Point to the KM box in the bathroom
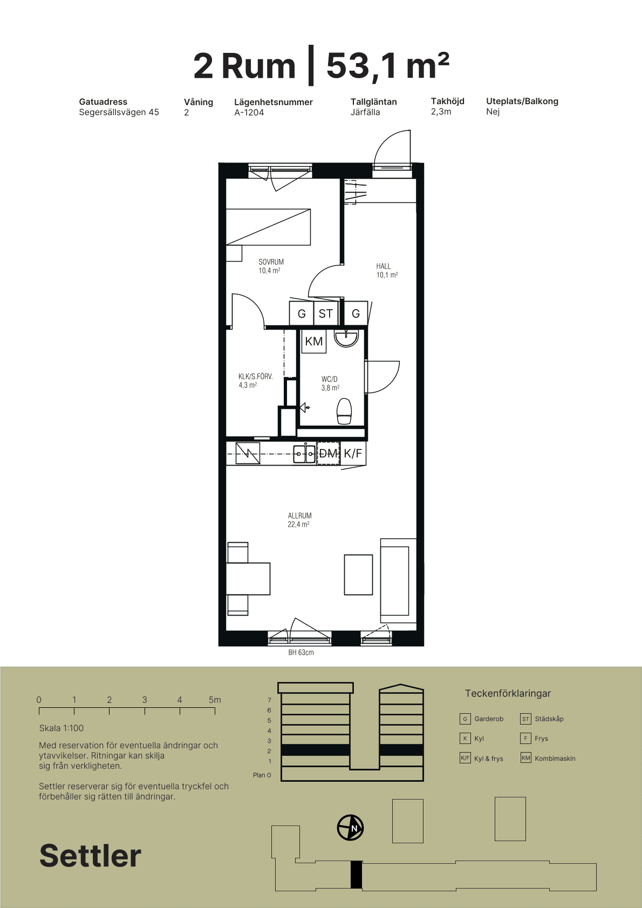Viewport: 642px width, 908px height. (x=314, y=342)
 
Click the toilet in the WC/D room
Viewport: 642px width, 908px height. (x=344, y=411)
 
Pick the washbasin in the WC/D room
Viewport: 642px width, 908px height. (x=346, y=338)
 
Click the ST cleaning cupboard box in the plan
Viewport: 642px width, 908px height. (x=325, y=313)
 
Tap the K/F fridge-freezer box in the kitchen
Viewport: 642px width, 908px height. (x=353, y=453)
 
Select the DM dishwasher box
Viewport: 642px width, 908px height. (x=329, y=453)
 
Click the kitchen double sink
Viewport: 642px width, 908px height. (x=304, y=454)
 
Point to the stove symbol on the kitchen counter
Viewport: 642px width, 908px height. (x=248, y=453)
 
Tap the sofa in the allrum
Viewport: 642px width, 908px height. (x=398, y=581)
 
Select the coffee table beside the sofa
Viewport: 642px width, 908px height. (x=358, y=575)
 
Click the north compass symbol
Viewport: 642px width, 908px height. (x=351, y=828)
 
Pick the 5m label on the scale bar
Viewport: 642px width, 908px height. (x=215, y=700)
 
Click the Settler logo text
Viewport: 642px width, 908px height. (x=90, y=856)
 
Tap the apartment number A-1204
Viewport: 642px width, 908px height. (x=249, y=112)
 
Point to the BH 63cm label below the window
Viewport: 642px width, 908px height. (x=300, y=652)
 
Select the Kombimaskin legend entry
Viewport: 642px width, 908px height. (x=548, y=758)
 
